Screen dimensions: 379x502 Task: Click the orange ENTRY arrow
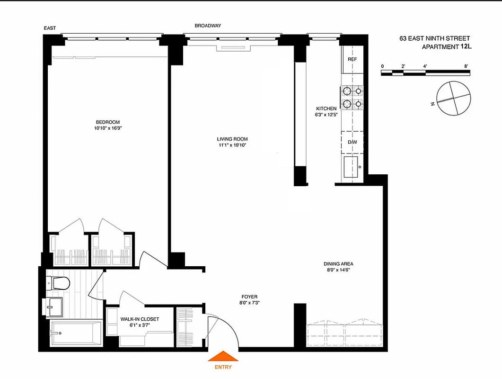223,357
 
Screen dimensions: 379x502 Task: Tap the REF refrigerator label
352,59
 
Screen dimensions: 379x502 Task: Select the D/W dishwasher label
352,142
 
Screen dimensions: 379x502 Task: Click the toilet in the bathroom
59,283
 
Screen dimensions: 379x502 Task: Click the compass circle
454,98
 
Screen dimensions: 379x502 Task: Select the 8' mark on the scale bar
466,66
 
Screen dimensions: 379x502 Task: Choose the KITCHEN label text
326,108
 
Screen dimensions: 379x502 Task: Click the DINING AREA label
338,264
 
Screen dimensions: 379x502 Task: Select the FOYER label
249,297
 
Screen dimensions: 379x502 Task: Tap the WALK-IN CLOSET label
140,319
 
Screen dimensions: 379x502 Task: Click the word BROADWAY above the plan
208,26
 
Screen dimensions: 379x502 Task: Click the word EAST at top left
50,28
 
